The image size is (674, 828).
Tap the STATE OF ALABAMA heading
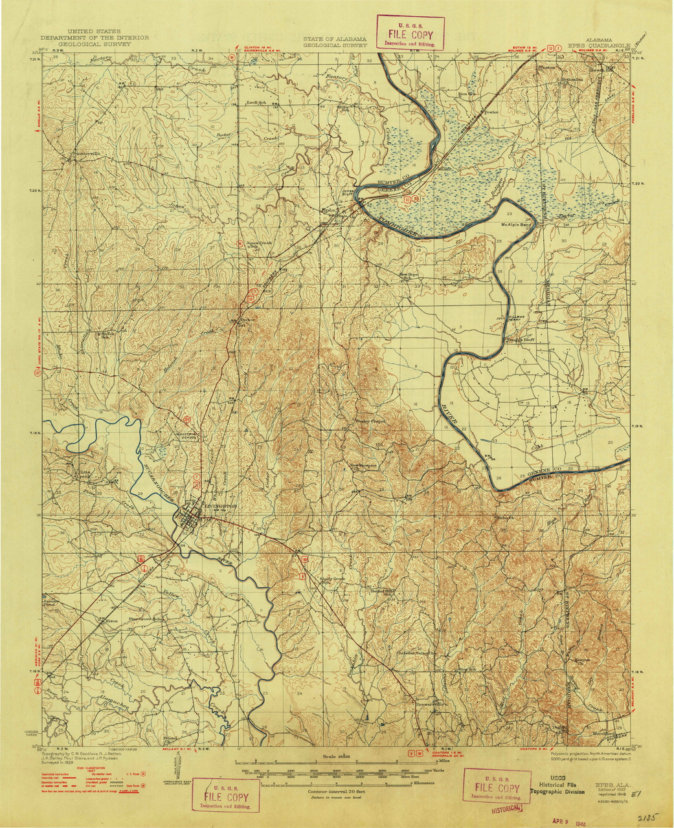pyautogui.click(x=335, y=39)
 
